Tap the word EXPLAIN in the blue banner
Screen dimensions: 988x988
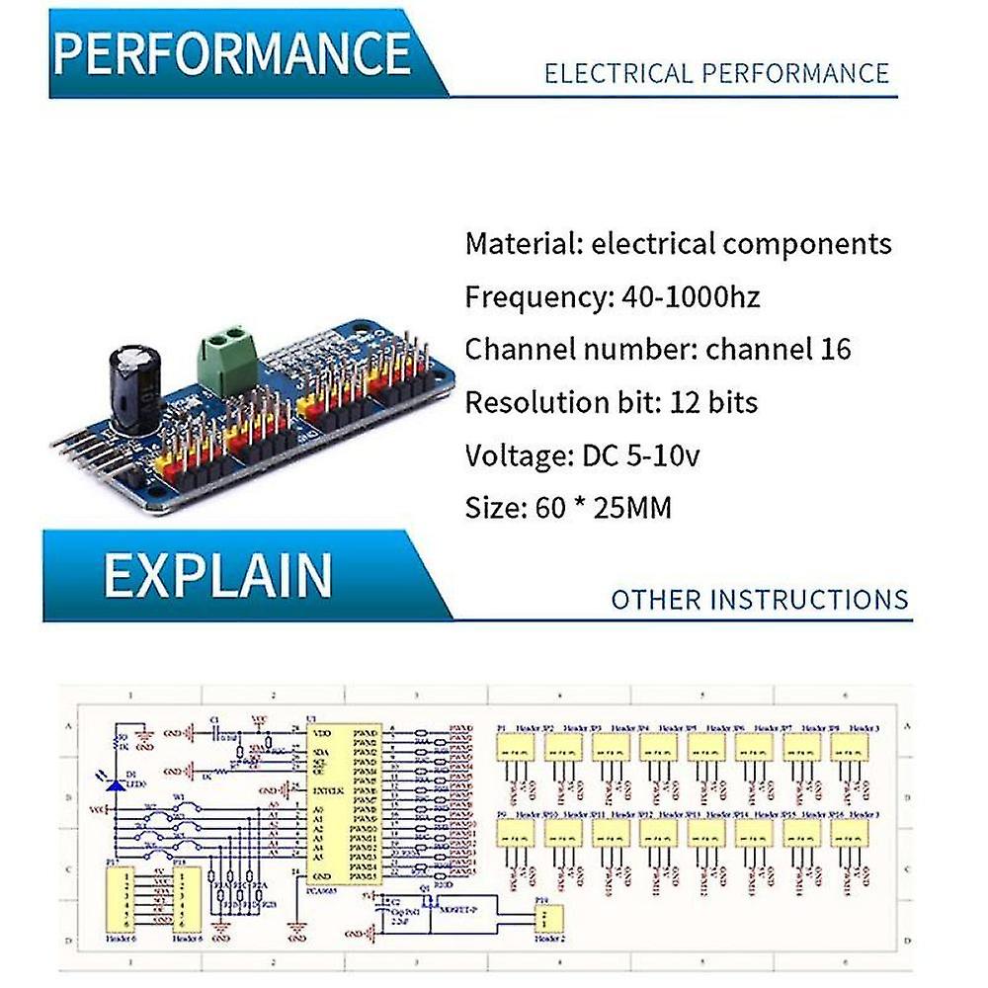click(x=217, y=575)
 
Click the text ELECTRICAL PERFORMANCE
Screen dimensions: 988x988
click(x=717, y=73)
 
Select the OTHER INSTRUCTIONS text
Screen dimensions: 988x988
click(x=759, y=600)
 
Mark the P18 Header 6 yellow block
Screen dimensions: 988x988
click(x=186, y=900)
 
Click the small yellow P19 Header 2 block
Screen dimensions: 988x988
click(x=547, y=919)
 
